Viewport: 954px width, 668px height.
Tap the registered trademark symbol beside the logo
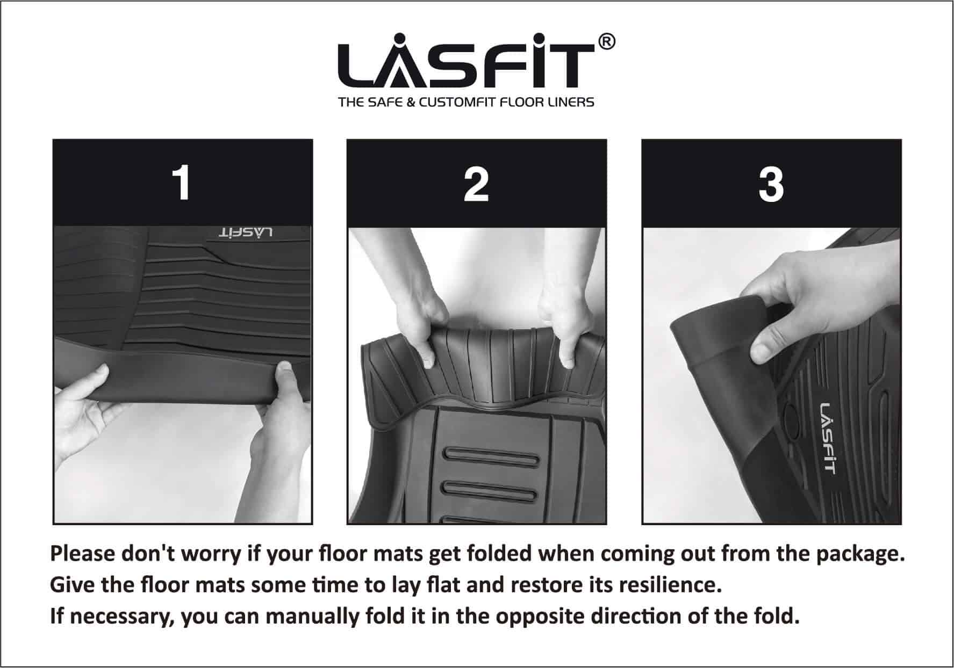click(607, 42)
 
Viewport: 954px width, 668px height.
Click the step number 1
click(183, 184)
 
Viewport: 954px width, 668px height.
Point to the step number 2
click(476, 184)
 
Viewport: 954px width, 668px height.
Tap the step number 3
click(771, 184)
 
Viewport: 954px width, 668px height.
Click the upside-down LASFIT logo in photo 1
click(246, 233)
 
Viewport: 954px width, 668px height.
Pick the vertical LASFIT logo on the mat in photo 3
click(828, 438)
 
